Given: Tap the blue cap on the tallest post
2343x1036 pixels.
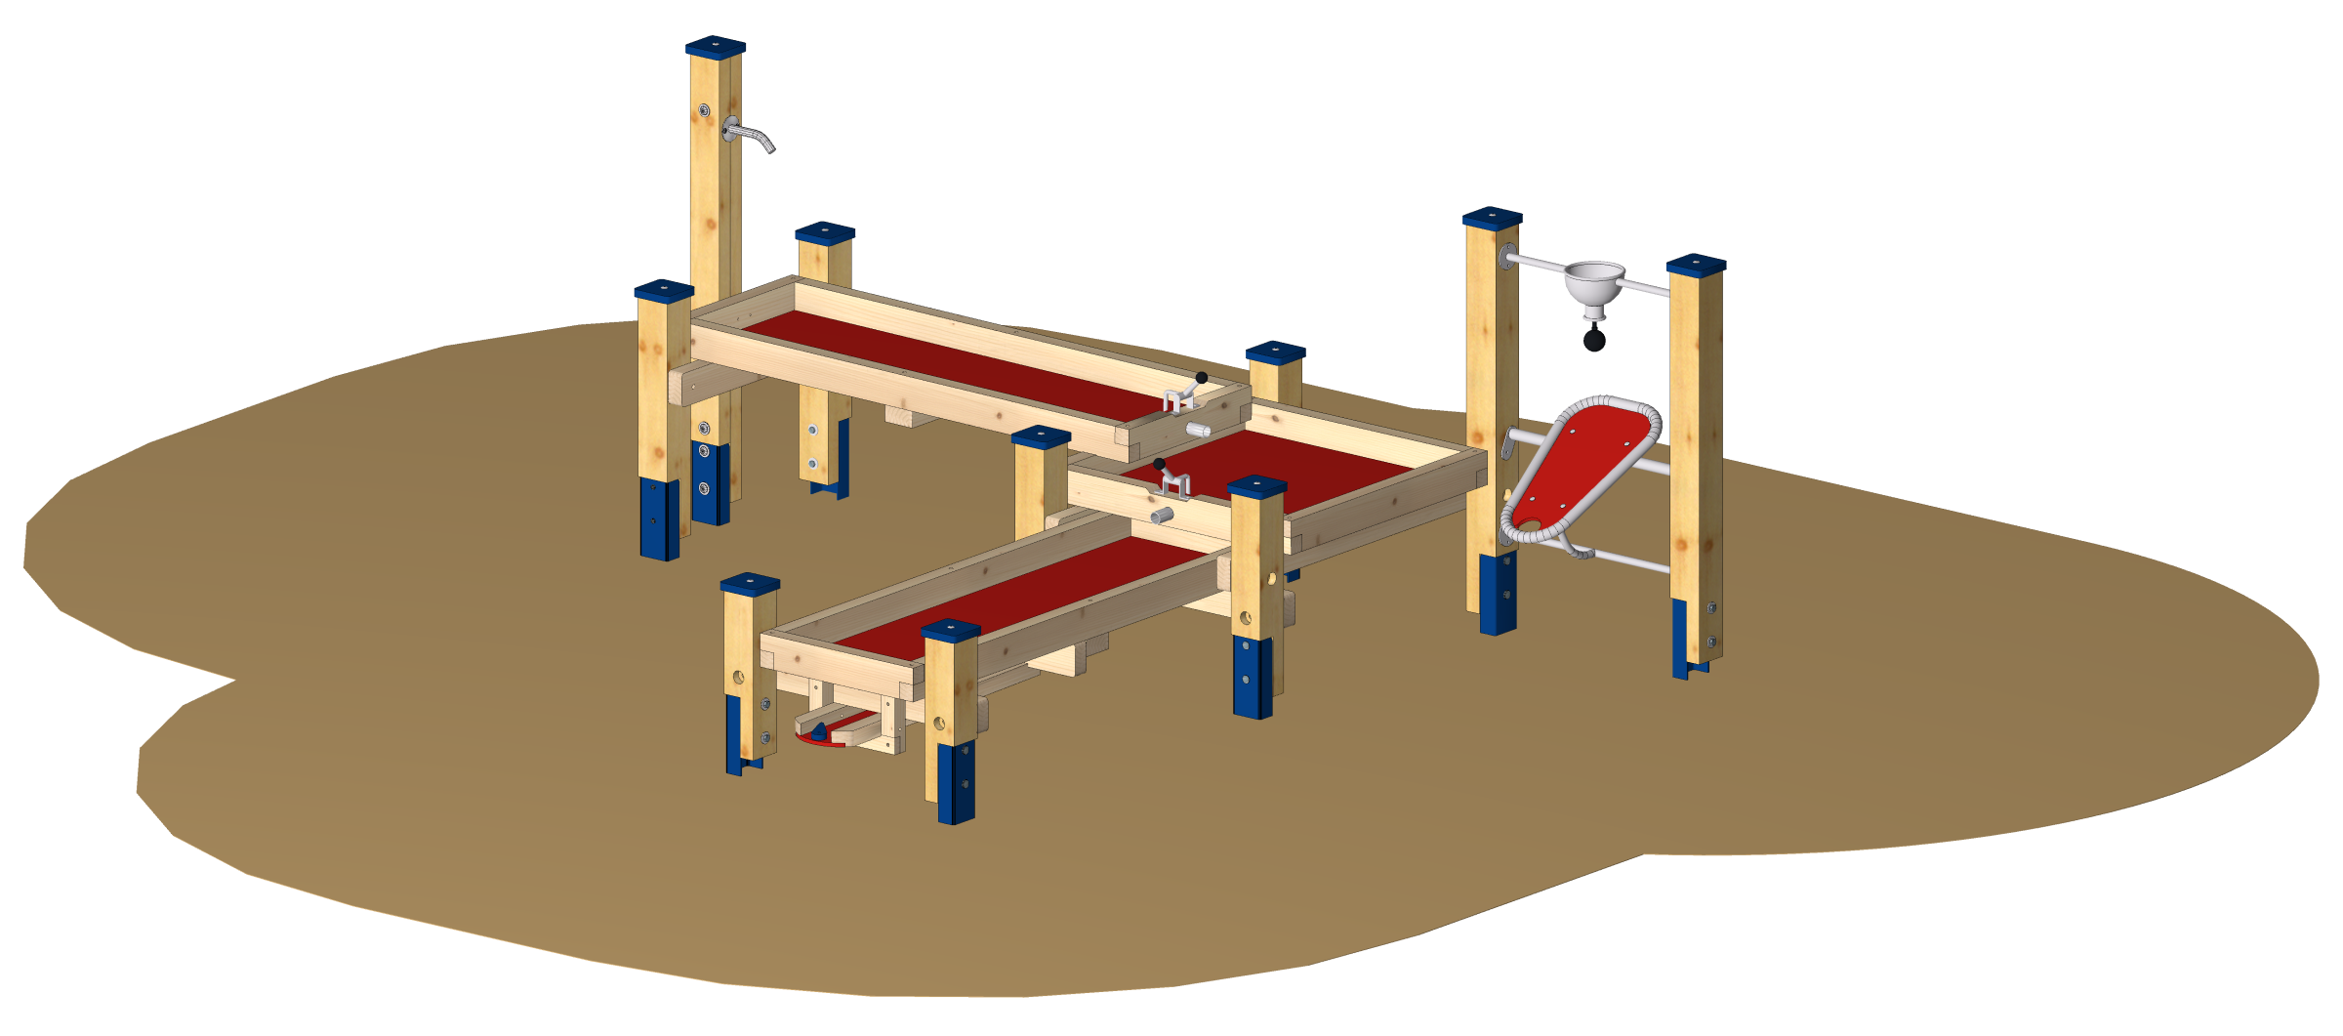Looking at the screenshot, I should pyautogui.click(x=715, y=46).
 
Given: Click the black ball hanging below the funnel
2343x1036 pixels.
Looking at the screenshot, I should pyautogui.click(x=1594, y=340).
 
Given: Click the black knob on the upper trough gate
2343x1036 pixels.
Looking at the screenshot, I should pyautogui.click(x=1202, y=378).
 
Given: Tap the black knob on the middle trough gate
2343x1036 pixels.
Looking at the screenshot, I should pyautogui.click(x=1159, y=465).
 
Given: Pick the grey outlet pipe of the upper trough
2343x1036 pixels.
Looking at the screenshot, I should pyautogui.click(x=1198, y=429).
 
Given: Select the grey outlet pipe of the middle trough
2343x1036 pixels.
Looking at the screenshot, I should pyautogui.click(x=1162, y=515).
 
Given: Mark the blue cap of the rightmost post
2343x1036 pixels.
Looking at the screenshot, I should pyautogui.click(x=1696, y=264).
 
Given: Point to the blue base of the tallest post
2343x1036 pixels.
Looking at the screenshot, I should pyautogui.click(x=710, y=483).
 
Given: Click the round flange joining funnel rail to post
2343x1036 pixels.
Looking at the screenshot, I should pyautogui.click(x=1508, y=259).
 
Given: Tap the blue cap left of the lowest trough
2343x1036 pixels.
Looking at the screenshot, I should pyautogui.click(x=750, y=584).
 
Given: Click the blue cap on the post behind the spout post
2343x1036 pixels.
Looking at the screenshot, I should pyautogui.click(x=825, y=232).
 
